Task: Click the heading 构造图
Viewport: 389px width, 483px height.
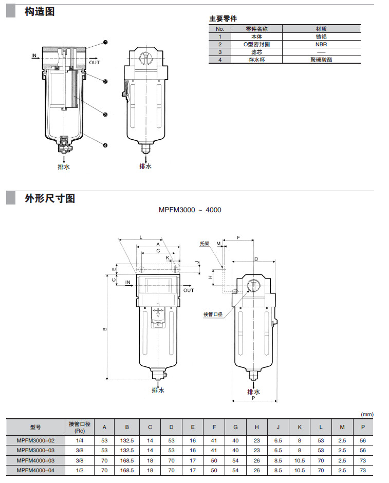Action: (40, 11)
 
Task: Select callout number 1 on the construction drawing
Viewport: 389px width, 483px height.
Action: (105, 42)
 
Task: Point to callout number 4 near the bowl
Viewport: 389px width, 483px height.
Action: (105, 145)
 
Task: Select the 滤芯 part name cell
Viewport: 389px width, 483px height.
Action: (256, 52)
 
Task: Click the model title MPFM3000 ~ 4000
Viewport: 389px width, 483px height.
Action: (190, 210)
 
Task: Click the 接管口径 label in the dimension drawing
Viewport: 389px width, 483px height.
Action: (213, 314)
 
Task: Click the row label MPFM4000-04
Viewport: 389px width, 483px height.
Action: (35, 470)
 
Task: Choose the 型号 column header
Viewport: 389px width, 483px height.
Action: (35, 426)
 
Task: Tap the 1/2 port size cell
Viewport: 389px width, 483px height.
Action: (80, 470)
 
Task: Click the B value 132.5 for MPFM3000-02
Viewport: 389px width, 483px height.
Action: (127, 440)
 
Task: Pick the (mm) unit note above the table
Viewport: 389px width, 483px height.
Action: (367, 414)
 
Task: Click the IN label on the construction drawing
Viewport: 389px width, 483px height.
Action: (34, 55)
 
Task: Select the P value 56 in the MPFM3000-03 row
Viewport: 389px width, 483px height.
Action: (363, 450)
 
